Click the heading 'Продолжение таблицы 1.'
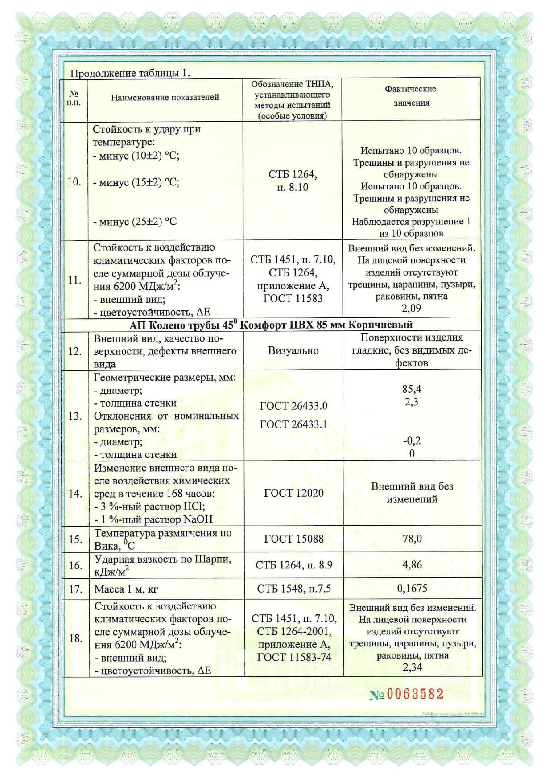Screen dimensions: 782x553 pos(130,73)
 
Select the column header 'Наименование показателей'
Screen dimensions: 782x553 pos(165,97)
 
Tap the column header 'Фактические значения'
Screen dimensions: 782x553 pos(411,96)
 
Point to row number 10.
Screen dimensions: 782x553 pos(74,182)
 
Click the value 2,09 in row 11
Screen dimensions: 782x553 pos(411,308)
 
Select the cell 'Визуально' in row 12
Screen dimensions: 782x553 pos(293,351)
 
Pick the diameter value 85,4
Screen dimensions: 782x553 pos(412,389)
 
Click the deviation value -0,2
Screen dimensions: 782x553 pos(412,441)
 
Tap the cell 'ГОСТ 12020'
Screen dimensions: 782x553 pos(293,493)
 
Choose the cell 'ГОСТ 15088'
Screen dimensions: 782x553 pos(293,539)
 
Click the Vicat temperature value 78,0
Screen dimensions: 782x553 pos(412,539)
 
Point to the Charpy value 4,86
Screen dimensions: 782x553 pos(412,565)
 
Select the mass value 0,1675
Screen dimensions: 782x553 pos(412,589)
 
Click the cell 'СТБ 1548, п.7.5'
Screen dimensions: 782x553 pos(294,589)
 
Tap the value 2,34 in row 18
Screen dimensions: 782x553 pos(412,667)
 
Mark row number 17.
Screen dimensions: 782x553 pos(75,589)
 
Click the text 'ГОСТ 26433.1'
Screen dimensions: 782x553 pos(293,424)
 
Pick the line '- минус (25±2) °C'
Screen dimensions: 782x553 pos(135,222)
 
